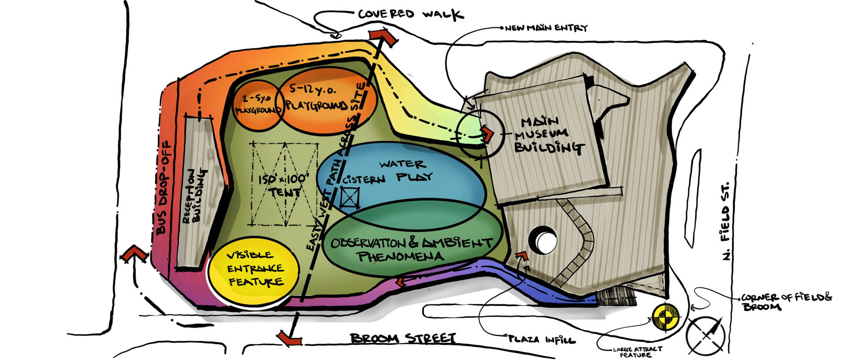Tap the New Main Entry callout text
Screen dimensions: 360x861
pos(546,28)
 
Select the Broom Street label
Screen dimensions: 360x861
pos(403,338)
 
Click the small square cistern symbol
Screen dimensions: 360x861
pos(349,198)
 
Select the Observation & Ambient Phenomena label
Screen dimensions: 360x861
pos(410,249)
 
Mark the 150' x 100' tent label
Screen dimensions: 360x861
pos(284,185)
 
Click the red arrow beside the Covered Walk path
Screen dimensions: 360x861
pos(383,36)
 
